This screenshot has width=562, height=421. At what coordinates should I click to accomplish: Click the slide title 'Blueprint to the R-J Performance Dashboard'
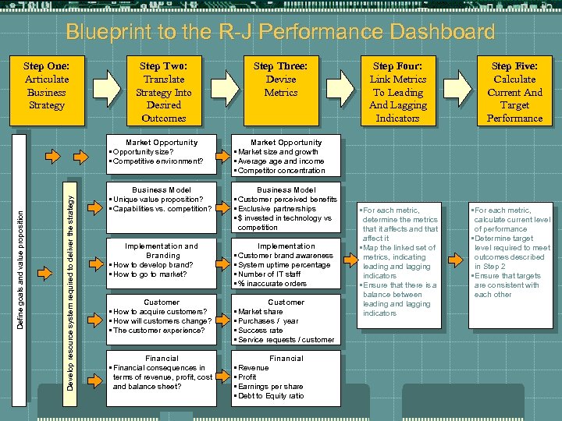(280, 33)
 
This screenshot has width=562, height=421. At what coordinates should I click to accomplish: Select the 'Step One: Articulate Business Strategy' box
(46, 86)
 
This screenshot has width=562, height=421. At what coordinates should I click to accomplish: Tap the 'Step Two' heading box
(164, 92)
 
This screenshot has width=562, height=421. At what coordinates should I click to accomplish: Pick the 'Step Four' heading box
(397, 92)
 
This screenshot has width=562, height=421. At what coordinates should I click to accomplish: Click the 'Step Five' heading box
(514, 92)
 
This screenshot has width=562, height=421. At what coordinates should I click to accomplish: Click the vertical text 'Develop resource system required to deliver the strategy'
(69, 281)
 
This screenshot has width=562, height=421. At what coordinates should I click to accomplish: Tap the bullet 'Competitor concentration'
(282, 171)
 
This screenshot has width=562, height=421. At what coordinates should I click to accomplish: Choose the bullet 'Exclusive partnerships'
(278, 209)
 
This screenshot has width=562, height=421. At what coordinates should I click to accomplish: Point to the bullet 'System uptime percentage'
(286, 265)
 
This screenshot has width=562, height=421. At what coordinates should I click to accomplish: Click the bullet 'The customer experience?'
(160, 331)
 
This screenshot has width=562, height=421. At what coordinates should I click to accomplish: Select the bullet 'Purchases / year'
(269, 321)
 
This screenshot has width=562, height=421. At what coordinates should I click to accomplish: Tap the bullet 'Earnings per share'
(272, 387)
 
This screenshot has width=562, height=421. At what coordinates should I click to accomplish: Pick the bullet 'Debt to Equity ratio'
(272, 396)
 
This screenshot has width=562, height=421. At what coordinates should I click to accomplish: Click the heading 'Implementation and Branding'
(162, 250)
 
